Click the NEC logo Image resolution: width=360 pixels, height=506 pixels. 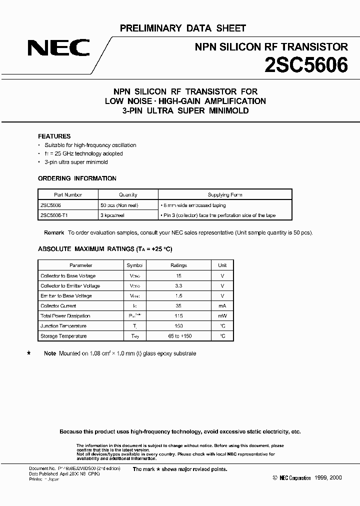(x=58, y=48)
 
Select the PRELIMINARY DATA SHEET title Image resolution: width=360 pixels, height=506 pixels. (x=183, y=28)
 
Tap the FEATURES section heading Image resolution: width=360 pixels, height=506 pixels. (x=54, y=136)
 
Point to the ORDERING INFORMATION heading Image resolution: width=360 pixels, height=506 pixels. (x=77, y=178)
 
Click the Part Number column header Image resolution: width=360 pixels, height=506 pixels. (x=68, y=194)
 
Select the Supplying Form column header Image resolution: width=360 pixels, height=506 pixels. (x=225, y=194)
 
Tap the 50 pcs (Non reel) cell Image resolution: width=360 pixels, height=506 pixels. (x=119, y=205)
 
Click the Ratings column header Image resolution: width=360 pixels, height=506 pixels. (x=178, y=265)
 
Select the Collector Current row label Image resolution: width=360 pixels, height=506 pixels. (x=58, y=305)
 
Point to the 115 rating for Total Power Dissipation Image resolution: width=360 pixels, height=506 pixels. (x=178, y=316)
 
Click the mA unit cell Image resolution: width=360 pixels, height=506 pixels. (x=222, y=305)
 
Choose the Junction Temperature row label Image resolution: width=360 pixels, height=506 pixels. (x=63, y=326)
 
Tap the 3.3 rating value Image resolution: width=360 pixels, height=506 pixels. (x=178, y=285)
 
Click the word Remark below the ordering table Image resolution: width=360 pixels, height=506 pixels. (x=54, y=232)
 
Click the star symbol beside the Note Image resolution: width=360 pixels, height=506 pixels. (x=28, y=353)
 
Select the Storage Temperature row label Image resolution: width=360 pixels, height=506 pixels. (x=63, y=336)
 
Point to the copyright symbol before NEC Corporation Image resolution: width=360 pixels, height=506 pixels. (x=275, y=478)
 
